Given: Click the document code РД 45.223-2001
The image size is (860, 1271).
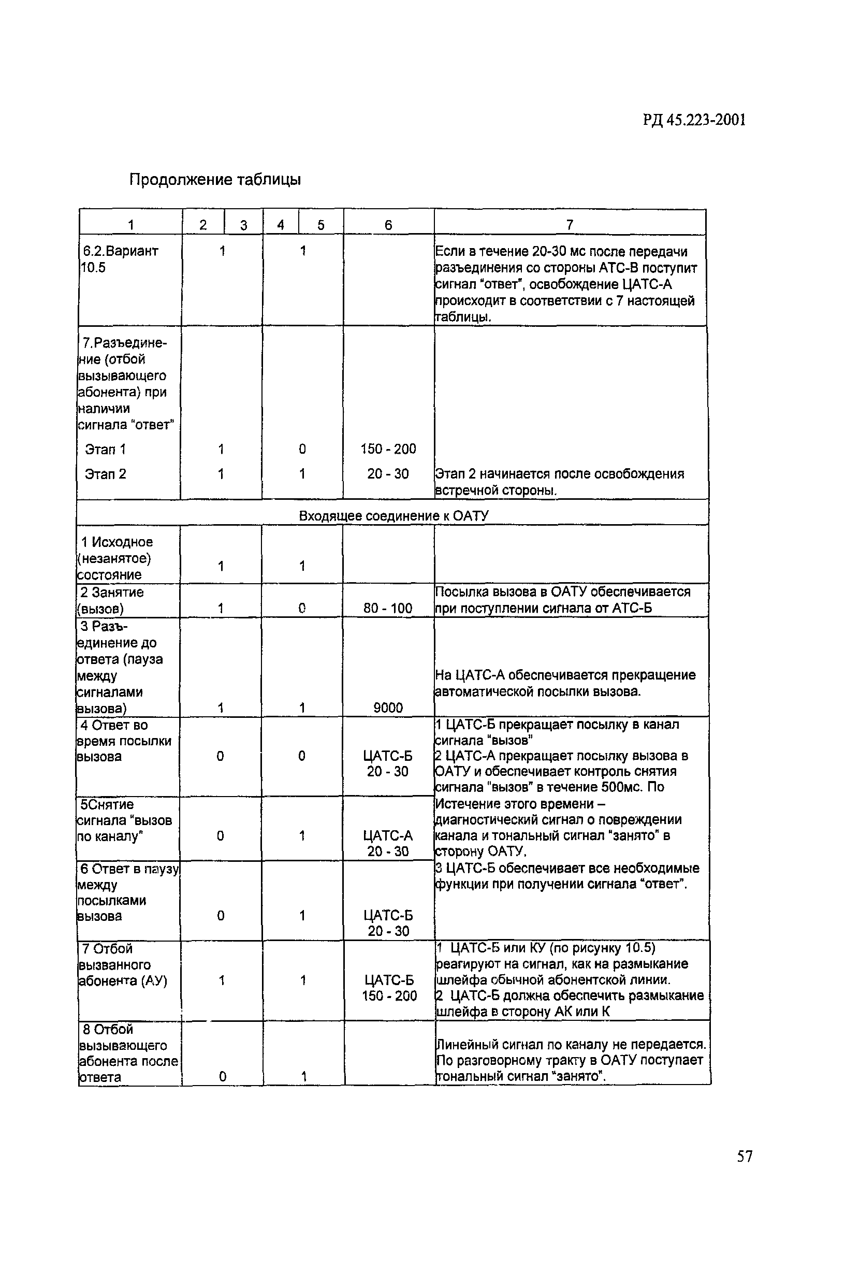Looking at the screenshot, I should [694, 120].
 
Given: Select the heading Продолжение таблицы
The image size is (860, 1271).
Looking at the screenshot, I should [215, 179].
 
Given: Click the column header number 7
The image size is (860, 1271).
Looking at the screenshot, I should [569, 225].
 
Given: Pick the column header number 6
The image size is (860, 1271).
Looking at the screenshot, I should [388, 225].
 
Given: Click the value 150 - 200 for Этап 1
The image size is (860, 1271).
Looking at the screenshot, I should [388, 449].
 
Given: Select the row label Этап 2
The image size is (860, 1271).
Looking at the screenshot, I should [106, 473].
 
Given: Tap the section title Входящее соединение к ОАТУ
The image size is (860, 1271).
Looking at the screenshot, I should [393, 515].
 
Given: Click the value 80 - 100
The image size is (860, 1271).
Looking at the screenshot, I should [388, 608].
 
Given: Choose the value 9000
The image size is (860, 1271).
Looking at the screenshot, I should [388, 707].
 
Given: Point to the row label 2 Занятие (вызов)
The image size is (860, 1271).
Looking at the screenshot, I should [112, 600].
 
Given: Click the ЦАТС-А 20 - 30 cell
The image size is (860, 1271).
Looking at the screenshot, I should [388, 843].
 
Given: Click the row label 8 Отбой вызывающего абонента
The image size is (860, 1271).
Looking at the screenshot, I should [128, 1053].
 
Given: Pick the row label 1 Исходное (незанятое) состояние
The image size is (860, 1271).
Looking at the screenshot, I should [116, 558].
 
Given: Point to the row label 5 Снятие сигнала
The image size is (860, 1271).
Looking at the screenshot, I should [124, 820].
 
